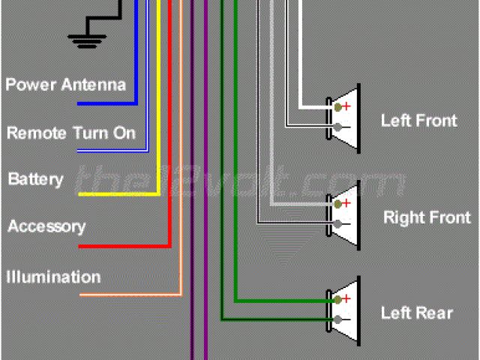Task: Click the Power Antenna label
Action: pos(65,84)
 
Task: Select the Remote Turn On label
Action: pos(71,133)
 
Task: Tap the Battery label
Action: pos(35,180)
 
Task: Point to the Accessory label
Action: pos(46,226)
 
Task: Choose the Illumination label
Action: pos(53,277)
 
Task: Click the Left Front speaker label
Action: pos(418,120)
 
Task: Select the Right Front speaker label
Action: pos(427,218)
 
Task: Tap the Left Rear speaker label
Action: pos(416,313)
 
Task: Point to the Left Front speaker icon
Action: pos(344,117)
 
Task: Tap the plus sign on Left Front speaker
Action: pos(347,107)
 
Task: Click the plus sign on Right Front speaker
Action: pos(347,203)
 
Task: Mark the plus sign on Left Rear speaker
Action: pos(347,299)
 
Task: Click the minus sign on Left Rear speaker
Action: pos(347,320)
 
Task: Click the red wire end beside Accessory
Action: pos(82,246)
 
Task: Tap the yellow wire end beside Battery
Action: pos(82,195)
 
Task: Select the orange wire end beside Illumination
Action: pos(82,295)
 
